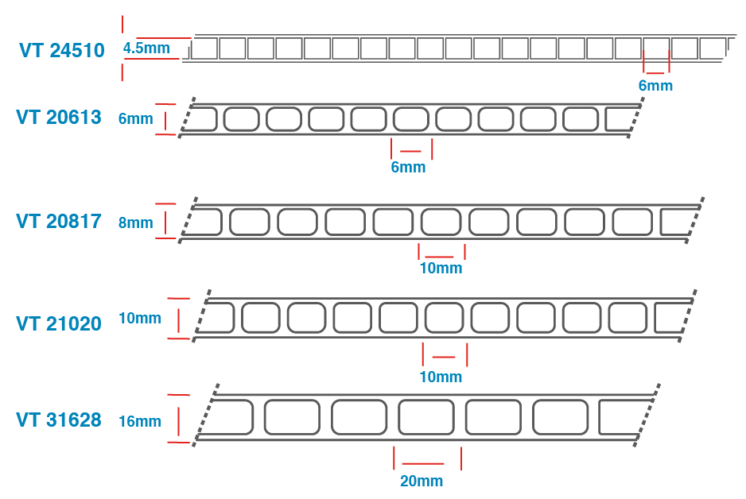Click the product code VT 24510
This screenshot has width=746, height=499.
pyautogui.click(x=62, y=50)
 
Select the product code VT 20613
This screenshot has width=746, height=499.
pyautogui.click(x=59, y=118)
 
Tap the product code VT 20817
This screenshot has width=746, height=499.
pyautogui.click(x=59, y=222)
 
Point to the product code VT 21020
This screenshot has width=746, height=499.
pyautogui.click(x=59, y=323)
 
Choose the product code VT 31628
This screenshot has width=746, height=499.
pyautogui.click(x=59, y=420)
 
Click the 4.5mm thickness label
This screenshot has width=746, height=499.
pyautogui.click(x=146, y=48)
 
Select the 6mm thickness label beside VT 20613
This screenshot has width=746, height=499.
pyautogui.click(x=135, y=118)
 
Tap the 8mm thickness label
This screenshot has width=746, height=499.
pyautogui.click(x=135, y=222)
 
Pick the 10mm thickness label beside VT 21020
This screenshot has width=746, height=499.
pyautogui.click(x=140, y=318)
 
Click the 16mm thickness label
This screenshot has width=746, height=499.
pyautogui.click(x=140, y=421)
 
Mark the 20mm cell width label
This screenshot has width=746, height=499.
pyautogui.click(x=422, y=481)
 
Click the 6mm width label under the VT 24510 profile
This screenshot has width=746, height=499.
pyautogui.click(x=655, y=86)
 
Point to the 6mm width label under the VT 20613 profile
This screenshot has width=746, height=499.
pyautogui.click(x=408, y=168)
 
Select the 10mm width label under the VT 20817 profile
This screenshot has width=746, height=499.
pyautogui.click(x=441, y=268)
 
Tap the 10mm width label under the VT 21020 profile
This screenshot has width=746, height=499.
pyautogui.click(x=441, y=377)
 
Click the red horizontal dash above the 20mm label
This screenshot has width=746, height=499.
pyautogui.click(x=423, y=464)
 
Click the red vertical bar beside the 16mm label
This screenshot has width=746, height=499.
pyautogui.click(x=179, y=421)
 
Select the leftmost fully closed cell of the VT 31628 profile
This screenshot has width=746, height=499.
pyautogui.click(x=292, y=417)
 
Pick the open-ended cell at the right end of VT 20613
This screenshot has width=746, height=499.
pyautogui.click(x=620, y=119)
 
